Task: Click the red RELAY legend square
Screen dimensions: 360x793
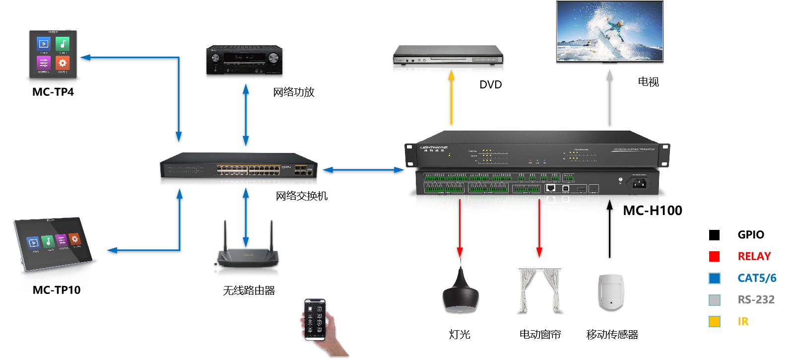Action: (x=714, y=256)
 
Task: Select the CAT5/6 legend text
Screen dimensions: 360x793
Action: (x=757, y=278)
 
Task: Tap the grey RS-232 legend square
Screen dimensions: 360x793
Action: (x=714, y=300)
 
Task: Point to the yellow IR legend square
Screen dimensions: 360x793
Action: (x=714, y=321)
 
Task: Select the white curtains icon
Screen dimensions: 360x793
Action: (x=540, y=290)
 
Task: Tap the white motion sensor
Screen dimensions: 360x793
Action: (x=611, y=291)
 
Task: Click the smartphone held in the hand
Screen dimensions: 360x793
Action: (x=315, y=319)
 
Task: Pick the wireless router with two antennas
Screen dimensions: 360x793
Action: (x=248, y=248)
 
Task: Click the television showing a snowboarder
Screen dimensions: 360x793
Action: (x=609, y=31)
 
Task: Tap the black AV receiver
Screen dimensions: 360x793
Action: (x=245, y=61)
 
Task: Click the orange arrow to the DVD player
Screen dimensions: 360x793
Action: (x=451, y=97)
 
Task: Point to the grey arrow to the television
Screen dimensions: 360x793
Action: (x=610, y=97)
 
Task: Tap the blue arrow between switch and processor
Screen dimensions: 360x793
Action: (x=363, y=170)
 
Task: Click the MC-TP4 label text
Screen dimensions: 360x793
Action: (x=53, y=92)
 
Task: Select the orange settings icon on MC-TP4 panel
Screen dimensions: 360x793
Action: (x=62, y=63)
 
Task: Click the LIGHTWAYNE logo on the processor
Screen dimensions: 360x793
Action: (x=434, y=148)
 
